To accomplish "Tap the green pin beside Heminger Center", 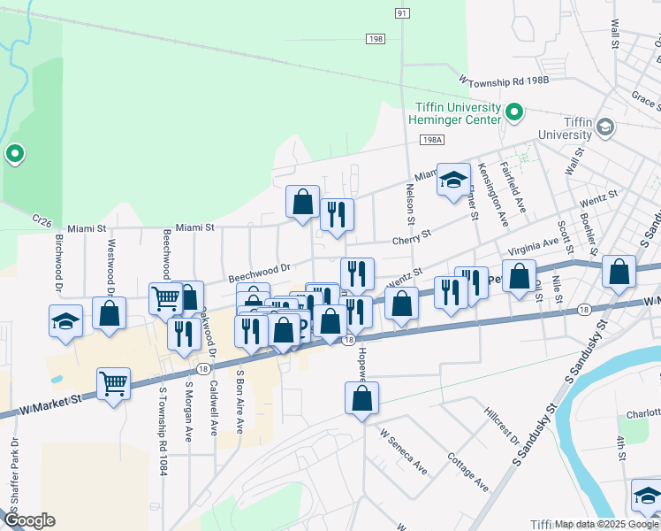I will [513, 112].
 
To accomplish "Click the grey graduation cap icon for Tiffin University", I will [605, 127].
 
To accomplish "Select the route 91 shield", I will [402, 13].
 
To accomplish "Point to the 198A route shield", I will [431, 140].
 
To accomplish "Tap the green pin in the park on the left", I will [15, 155].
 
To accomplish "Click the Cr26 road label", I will [43, 218].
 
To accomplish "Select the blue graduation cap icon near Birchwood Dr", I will [66, 321].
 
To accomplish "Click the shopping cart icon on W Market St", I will [114, 385].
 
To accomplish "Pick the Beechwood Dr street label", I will [260, 269].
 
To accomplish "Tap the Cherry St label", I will [413, 236].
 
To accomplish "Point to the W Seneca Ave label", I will [403, 452].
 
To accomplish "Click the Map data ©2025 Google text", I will [607, 524].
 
